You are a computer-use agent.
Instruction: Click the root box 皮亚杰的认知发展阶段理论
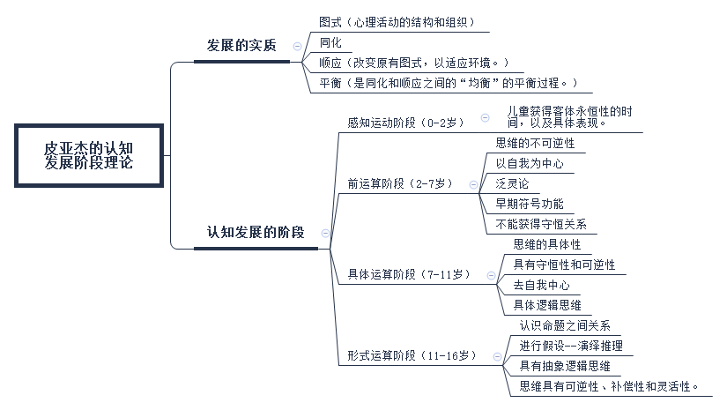tap(89, 155)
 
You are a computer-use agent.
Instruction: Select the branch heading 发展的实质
tap(241, 46)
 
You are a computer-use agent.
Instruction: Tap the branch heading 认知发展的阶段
tap(256, 232)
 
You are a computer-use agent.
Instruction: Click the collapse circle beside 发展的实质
tap(297, 46)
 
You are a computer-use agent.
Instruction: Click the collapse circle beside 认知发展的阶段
tap(325, 233)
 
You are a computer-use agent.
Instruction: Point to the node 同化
tap(330, 42)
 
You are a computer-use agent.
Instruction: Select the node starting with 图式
tap(397, 22)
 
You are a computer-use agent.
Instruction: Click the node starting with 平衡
tap(449, 83)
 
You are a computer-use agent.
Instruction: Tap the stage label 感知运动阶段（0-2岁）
tap(405, 123)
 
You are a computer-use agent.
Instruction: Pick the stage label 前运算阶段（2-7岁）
tap(400, 183)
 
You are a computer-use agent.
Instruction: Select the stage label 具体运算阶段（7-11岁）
tap(409, 274)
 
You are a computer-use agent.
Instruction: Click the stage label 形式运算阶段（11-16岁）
tap(412, 355)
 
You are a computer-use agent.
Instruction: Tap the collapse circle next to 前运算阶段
tap(473, 184)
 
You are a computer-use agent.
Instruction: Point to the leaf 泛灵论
tap(512, 183)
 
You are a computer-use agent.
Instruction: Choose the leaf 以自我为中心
tap(530, 163)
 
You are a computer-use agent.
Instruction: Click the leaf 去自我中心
tap(541, 285)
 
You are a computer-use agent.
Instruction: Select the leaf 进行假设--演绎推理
tap(571, 346)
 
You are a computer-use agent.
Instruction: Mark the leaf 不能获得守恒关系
tap(541, 224)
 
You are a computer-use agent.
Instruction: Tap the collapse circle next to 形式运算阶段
tap(497, 357)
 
